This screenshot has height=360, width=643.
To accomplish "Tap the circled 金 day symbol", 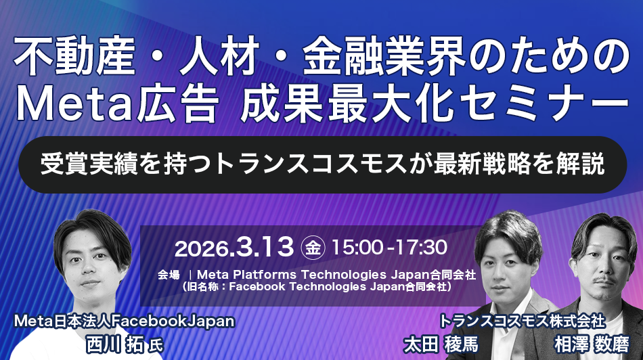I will [313, 247].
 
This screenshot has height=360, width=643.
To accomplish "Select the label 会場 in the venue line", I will [169, 275].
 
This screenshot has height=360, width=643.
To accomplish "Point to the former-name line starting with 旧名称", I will [317, 286].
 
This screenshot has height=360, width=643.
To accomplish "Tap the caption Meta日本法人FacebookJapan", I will [119, 321].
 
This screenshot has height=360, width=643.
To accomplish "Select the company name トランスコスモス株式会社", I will [522, 319].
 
